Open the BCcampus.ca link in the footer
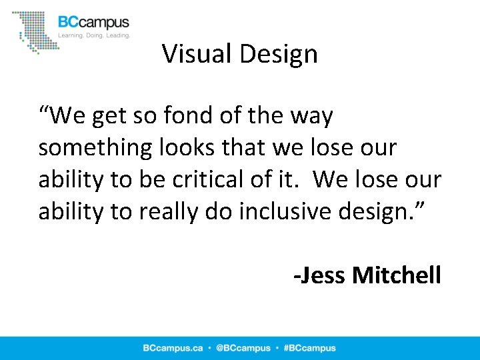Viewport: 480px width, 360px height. [173, 348]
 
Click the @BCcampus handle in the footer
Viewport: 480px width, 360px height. [243, 348]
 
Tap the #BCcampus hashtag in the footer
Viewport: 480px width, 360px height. [309, 348]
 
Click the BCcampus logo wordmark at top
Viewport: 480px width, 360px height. [94, 22]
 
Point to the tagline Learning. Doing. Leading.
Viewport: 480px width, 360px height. [94, 35]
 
